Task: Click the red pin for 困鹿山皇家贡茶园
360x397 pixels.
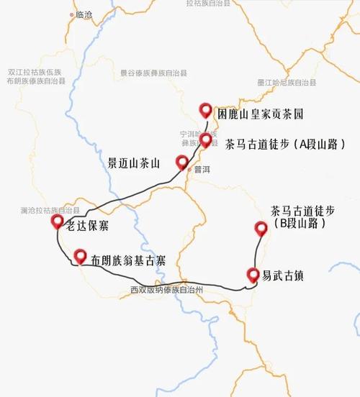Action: tap(205, 110)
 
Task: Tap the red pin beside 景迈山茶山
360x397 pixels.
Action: tap(182, 162)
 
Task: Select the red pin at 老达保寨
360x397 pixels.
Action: tap(58, 221)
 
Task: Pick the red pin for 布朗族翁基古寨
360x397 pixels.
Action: tap(79, 255)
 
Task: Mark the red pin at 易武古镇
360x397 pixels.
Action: tap(253, 274)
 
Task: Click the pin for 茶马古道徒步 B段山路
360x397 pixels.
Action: tap(261, 229)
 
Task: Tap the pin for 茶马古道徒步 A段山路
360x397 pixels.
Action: tap(206, 139)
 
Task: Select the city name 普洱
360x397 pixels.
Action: tap(202, 170)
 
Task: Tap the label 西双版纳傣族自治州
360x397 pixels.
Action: tap(167, 290)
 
